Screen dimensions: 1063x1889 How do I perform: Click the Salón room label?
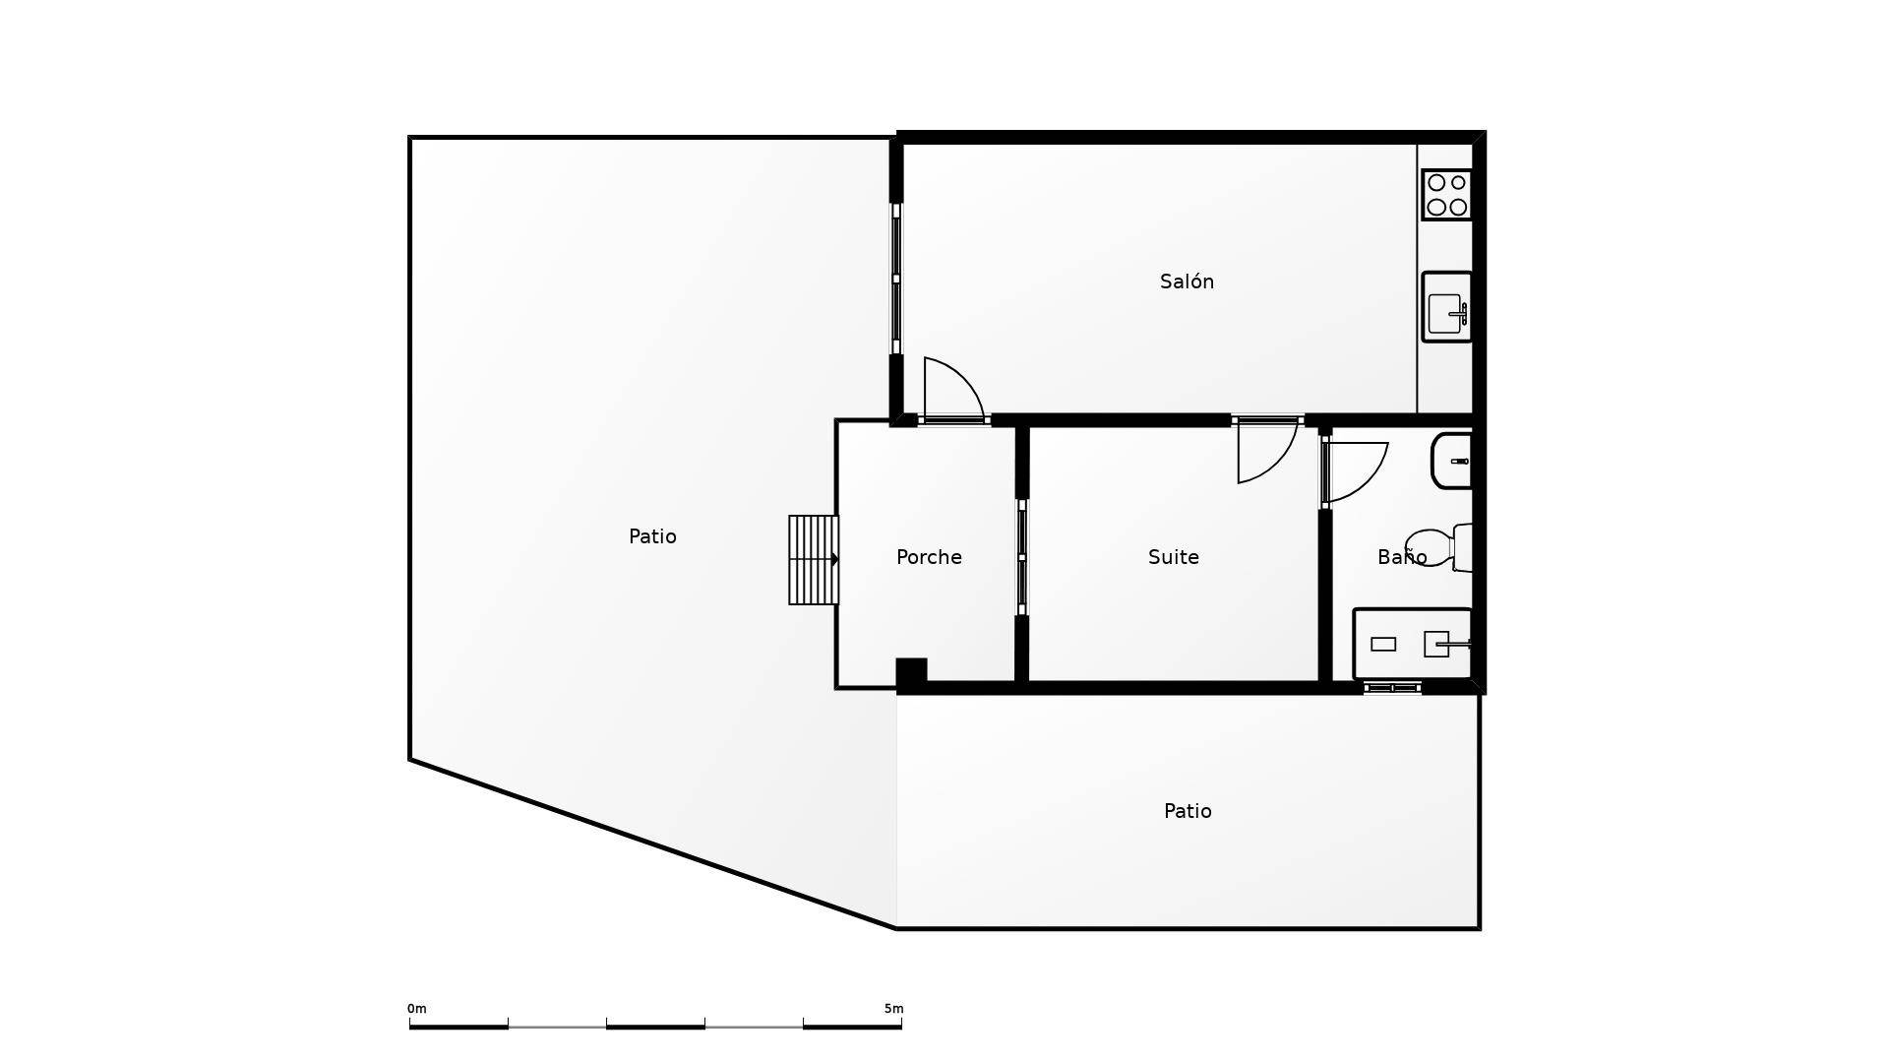[x=1187, y=282]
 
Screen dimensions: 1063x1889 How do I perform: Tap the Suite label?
[x=1173, y=558]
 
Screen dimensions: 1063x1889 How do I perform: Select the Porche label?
[x=929, y=558]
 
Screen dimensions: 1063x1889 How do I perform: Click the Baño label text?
[x=1401, y=558]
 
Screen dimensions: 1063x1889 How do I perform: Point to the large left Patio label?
[x=652, y=537]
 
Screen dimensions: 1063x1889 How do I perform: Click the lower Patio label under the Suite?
[x=1188, y=812]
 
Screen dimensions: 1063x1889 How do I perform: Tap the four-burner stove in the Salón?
[x=1446, y=195]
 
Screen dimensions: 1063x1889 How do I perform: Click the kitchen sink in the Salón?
[x=1446, y=307]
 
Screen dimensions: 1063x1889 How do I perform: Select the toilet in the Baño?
[x=1441, y=547]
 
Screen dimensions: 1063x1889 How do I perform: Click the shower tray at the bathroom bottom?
[x=1412, y=645]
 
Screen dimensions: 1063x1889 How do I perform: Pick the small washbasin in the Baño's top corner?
[x=1453, y=461]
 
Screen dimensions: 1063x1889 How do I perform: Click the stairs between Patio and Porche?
[x=813, y=560]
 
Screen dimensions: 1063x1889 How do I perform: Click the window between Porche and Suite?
[x=1022, y=557]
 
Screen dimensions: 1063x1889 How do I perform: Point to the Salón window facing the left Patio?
[x=896, y=279]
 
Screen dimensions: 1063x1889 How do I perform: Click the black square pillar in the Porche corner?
[x=911, y=672]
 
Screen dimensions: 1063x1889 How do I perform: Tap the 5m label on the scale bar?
[x=893, y=1009]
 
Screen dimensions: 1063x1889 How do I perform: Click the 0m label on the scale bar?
[x=417, y=1009]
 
